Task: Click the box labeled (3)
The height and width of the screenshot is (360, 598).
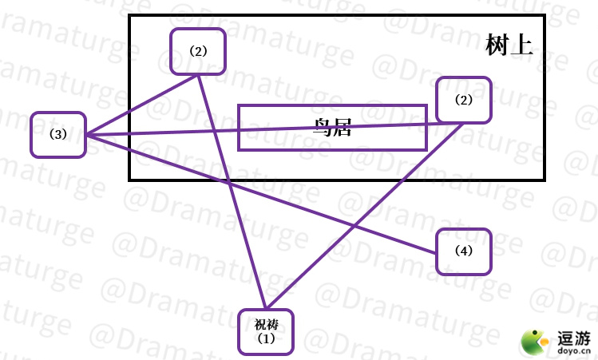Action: click(57, 134)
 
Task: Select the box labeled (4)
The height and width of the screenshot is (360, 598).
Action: click(464, 251)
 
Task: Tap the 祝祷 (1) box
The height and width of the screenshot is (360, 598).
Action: click(266, 331)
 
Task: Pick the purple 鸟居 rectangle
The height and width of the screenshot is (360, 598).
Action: click(332, 128)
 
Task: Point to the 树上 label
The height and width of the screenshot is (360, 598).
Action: click(509, 45)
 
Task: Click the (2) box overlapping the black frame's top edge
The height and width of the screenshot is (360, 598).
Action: click(198, 51)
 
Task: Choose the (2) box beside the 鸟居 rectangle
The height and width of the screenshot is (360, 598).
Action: click(464, 100)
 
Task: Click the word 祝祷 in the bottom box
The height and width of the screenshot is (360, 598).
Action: click(266, 324)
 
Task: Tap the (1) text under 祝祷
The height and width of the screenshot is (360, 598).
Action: click(266, 338)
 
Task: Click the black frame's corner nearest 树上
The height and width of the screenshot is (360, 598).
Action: click(544, 15)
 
